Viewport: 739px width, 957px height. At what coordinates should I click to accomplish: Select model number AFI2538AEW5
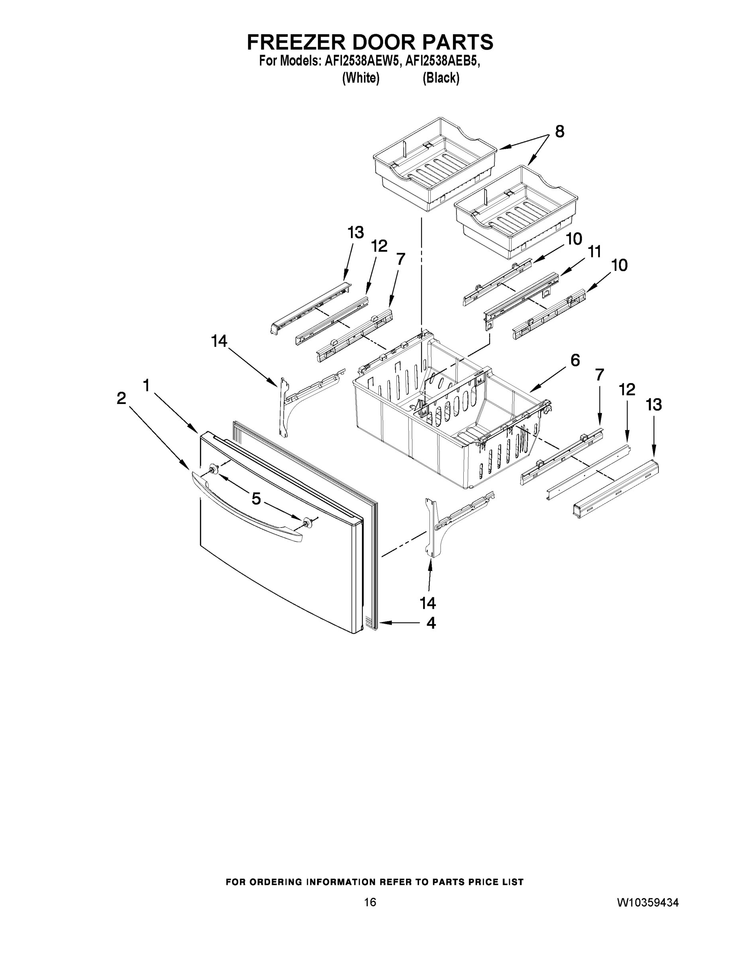pyautogui.click(x=362, y=61)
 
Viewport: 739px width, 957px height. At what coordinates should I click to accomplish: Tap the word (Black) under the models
pyautogui.click(x=441, y=78)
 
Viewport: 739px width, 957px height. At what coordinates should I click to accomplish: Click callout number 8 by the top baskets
pyautogui.click(x=559, y=132)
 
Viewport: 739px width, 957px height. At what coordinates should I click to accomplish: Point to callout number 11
pyautogui.click(x=594, y=252)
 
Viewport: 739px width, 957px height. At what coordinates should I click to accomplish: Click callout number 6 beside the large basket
pyautogui.click(x=575, y=360)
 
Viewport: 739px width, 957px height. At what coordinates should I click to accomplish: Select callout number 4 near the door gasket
pyautogui.click(x=431, y=623)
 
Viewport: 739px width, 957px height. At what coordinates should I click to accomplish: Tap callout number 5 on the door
pyautogui.click(x=256, y=498)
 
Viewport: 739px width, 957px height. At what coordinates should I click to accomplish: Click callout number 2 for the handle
pyautogui.click(x=121, y=398)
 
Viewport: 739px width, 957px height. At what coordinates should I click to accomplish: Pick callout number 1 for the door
pyautogui.click(x=146, y=386)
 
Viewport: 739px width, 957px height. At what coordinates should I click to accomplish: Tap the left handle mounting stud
pyautogui.click(x=214, y=469)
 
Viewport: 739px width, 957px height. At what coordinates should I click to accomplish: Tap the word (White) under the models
pyautogui.click(x=360, y=78)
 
